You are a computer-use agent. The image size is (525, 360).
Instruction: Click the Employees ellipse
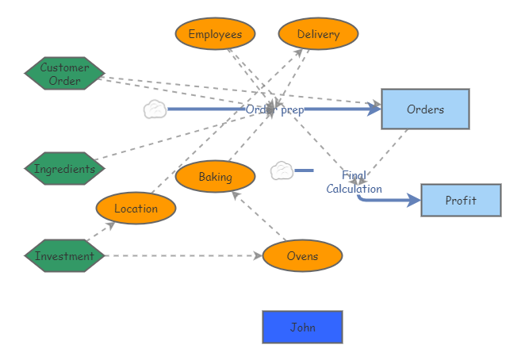(x=215, y=34)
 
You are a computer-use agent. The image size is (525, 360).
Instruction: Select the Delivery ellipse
(x=318, y=34)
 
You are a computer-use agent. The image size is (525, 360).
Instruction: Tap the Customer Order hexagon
(x=64, y=74)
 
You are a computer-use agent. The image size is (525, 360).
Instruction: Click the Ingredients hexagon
(x=64, y=169)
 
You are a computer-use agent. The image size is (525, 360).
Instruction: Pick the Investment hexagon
(x=64, y=256)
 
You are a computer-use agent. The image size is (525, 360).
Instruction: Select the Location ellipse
(x=136, y=209)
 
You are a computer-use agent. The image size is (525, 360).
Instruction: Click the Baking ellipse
(x=215, y=177)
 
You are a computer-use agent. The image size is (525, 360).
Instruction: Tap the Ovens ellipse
(x=302, y=256)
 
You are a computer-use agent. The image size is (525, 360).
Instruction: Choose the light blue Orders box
(x=425, y=109)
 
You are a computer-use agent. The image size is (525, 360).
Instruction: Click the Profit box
(x=461, y=201)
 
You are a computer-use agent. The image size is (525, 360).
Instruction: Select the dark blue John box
(x=302, y=327)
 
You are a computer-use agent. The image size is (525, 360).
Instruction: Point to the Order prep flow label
(x=274, y=109)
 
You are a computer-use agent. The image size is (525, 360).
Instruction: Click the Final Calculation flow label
(x=354, y=182)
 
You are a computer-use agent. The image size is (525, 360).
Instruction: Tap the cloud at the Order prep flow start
(x=155, y=109)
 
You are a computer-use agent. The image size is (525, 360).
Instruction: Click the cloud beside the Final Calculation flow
(x=282, y=170)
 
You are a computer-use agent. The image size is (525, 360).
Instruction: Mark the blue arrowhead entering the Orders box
(x=374, y=109)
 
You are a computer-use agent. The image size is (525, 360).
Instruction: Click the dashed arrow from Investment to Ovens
(x=182, y=256)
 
